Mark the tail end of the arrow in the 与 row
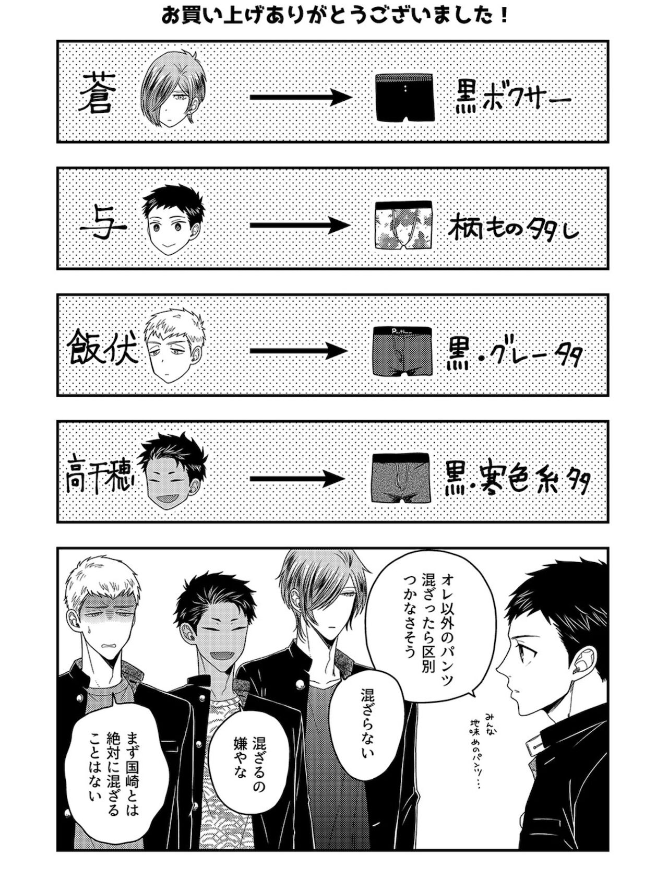[250, 225]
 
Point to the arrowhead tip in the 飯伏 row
[348, 350]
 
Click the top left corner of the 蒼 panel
[57, 41]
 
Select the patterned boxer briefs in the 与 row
[404, 225]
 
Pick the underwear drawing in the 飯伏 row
[402, 351]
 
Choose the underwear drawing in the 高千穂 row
[401, 478]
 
